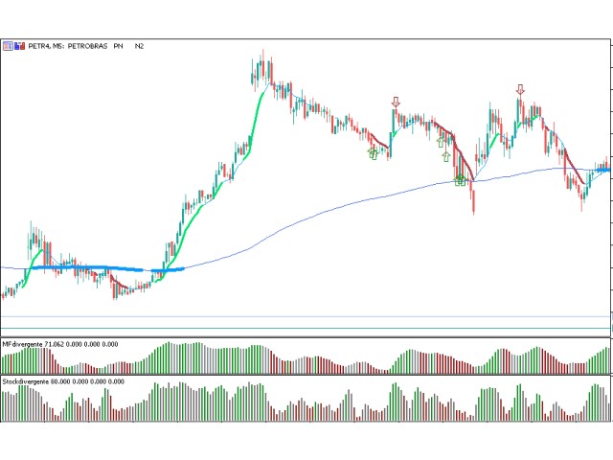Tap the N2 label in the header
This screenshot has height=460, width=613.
(x=140, y=45)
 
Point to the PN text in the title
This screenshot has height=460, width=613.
(x=119, y=45)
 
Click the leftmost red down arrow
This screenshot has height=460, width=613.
(x=396, y=102)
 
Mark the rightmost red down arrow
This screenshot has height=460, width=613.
(x=520, y=90)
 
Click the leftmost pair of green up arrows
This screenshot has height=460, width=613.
(x=374, y=152)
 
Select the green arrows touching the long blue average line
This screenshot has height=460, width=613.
(x=460, y=178)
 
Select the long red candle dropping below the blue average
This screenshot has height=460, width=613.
(x=473, y=196)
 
